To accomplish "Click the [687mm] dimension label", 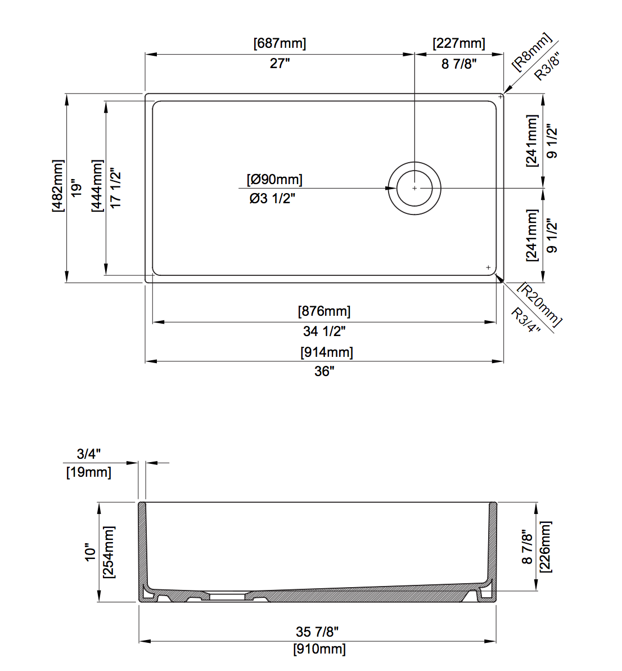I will tap(280, 43).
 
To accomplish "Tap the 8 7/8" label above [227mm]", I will tap(459, 64).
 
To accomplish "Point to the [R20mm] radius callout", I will tap(540, 303).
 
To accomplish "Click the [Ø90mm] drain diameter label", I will tap(274, 180).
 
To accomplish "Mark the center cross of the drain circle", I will tap(414, 188).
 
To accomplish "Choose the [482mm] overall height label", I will tap(58, 186).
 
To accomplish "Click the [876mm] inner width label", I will tap(324, 311).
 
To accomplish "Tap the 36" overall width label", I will tap(324, 372).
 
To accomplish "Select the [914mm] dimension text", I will tap(327, 352).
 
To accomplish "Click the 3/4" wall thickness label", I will tap(89, 454).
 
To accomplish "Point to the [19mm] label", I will tap(89, 472).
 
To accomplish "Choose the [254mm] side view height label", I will tap(109, 552).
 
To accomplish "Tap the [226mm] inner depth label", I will tap(546, 547).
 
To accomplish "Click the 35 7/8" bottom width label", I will tap(317, 632).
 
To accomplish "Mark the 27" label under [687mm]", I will tap(280, 64).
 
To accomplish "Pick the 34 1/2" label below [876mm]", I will tap(324, 331).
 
